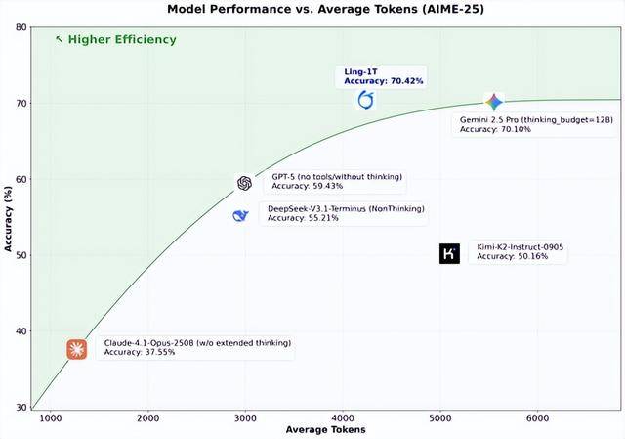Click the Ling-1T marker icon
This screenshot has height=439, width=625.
pyautogui.click(x=366, y=100)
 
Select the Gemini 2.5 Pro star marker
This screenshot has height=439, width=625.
pyautogui.click(x=494, y=102)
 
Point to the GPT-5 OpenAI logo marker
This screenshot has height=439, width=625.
pyautogui.click(x=245, y=183)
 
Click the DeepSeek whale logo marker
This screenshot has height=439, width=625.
pyautogui.click(x=240, y=215)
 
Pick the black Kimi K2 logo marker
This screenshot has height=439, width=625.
pyautogui.click(x=449, y=253)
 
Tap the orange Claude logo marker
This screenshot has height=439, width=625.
pyautogui.click(x=77, y=349)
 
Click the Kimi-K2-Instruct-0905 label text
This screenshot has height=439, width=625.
pyautogui.click(x=519, y=247)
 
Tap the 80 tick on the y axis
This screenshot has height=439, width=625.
pyautogui.click(x=21, y=26)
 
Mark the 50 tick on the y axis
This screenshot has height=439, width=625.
pyautogui.click(x=21, y=255)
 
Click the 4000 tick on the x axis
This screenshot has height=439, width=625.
pyautogui.click(x=342, y=418)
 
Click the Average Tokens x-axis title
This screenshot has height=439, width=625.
pyautogui.click(x=326, y=430)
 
